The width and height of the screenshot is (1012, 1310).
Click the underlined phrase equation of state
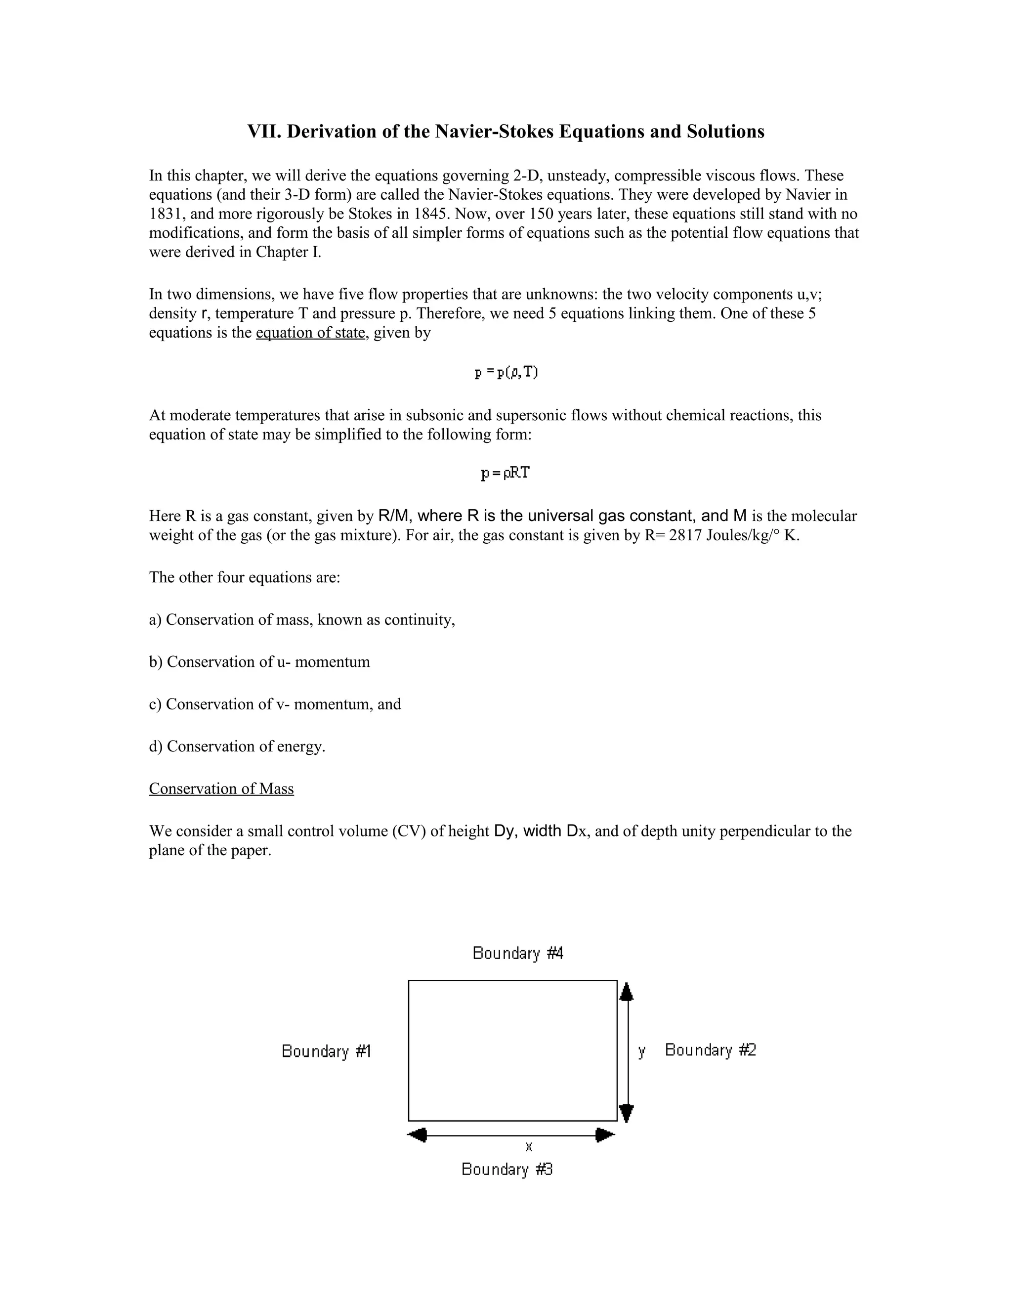(x=310, y=333)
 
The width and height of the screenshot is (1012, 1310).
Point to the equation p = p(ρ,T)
(x=506, y=373)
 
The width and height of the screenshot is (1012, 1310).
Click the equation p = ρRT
(x=506, y=473)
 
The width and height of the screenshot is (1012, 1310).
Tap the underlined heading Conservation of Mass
(x=221, y=789)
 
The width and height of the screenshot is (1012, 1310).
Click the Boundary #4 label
(x=517, y=953)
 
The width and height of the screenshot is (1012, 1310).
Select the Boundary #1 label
(x=326, y=1051)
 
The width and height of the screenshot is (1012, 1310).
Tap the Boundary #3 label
(x=506, y=1169)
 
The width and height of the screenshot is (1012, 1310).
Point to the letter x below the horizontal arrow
(x=529, y=1147)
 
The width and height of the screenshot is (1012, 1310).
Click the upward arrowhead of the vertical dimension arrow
(x=627, y=993)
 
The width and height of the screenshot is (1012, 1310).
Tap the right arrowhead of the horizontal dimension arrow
(x=605, y=1135)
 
